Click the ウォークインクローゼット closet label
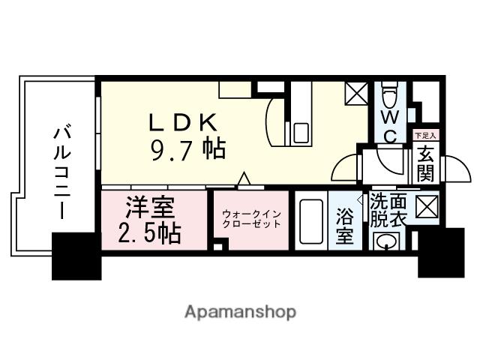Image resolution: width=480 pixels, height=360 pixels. click(x=250, y=218)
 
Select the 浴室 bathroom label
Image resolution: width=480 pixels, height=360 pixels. click(x=344, y=225)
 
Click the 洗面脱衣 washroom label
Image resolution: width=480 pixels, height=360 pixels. click(x=388, y=210)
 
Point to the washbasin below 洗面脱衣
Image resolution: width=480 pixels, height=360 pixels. click(x=387, y=242)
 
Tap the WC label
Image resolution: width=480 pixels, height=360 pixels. click(x=390, y=125)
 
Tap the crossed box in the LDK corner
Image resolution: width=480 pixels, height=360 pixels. click(x=353, y=94)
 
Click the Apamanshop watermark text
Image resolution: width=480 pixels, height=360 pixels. click(x=240, y=311)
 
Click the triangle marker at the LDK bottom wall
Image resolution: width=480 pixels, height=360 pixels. click(x=243, y=179)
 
